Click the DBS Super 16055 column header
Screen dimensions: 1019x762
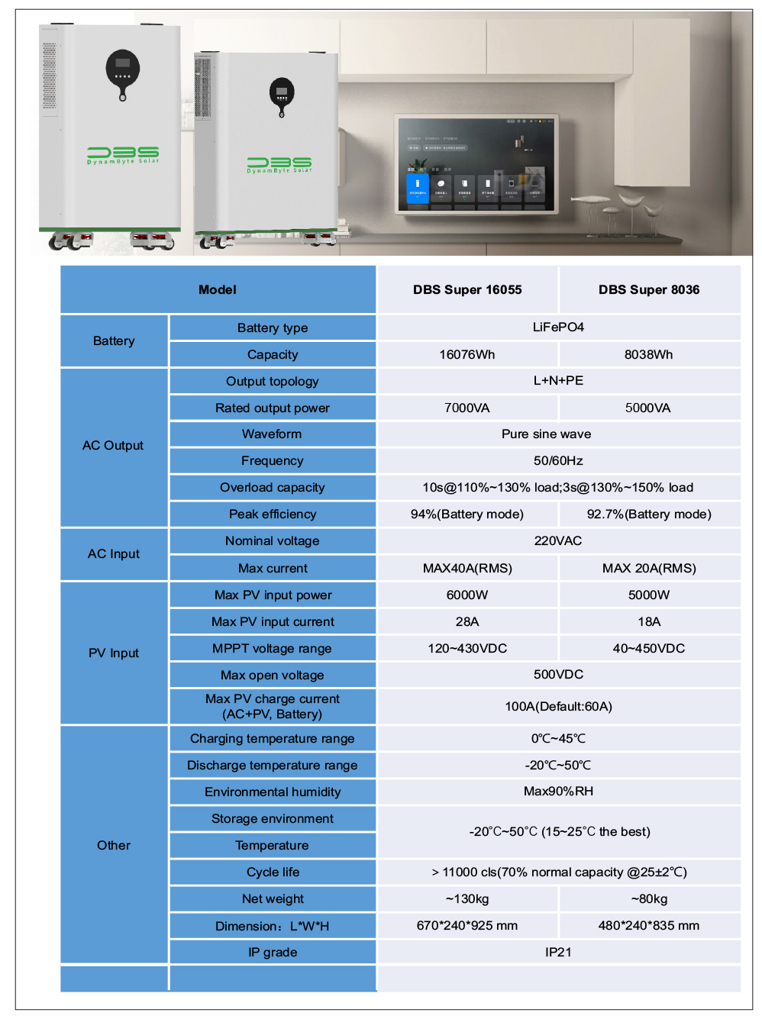coord(467,289)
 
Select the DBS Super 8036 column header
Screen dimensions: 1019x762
coord(649,289)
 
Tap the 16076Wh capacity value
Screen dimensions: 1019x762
coord(467,354)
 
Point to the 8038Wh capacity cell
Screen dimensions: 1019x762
coord(649,354)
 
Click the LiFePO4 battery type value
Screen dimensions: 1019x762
coord(558,327)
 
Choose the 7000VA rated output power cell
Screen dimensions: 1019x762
coord(467,408)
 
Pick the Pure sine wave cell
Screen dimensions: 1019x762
coord(547,434)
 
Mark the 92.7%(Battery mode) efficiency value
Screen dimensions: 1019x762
coord(649,514)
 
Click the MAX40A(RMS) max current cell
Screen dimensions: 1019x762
coord(467,568)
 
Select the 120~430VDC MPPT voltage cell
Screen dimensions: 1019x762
coord(467,648)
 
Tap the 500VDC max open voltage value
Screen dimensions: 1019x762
coord(558,674)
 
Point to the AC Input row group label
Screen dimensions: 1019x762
coord(114,553)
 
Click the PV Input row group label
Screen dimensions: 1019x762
coord(114,653)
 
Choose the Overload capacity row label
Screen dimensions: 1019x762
coord(273,487)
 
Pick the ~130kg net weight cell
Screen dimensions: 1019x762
coord(467,898)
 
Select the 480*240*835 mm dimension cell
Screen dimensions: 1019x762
coord(649,925)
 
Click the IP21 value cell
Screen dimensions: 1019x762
coord(558,952)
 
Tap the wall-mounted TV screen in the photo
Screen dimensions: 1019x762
coord(476,164)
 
